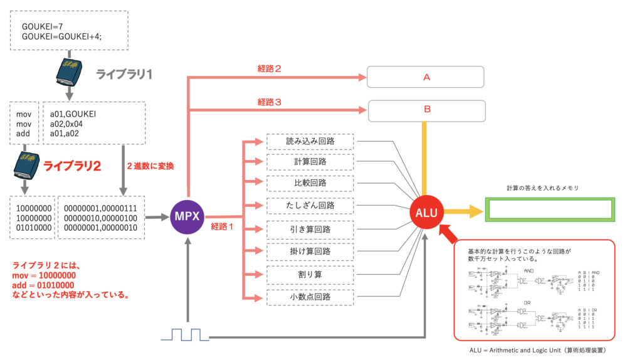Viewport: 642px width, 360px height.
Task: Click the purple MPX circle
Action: (x=187, y=216)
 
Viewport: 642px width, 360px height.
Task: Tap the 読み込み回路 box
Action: (x=310, y=141)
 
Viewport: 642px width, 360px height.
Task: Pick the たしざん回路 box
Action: (x=310, y=205)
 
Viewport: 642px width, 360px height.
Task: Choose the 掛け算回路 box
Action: (x=310, y=251)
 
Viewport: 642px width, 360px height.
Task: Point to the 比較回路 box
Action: (x=310, y=183)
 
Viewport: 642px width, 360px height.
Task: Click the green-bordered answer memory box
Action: (x=550, y=209)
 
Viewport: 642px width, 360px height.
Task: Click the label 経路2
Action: (x=269, y=68)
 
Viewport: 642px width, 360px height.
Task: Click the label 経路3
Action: (x=269, y=101)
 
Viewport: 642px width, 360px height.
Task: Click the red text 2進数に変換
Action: (x=151, y=166)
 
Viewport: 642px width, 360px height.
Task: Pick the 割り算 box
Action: (x=310, y=275)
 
